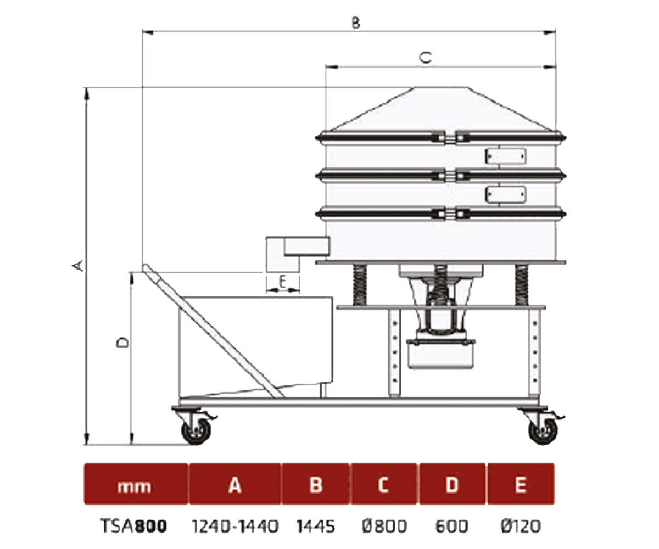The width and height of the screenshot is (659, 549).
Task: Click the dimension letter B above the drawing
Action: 356,23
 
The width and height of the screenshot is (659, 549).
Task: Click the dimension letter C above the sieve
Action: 426,58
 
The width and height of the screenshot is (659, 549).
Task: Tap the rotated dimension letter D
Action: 123,343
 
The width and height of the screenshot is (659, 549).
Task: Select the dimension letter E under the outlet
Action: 282,282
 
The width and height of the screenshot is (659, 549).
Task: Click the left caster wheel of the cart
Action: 196,430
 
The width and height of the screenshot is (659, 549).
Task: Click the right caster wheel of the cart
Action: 543,430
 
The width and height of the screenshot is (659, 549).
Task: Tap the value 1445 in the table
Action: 316,526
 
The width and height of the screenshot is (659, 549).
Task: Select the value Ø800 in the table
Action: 385,526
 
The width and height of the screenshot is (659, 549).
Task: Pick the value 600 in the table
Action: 451,526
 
